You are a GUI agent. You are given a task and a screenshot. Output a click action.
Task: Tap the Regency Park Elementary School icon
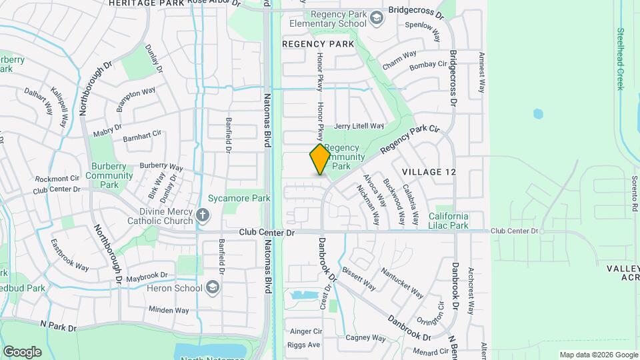coord(377,17)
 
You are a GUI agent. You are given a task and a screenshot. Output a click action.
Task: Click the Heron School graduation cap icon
coord(213,288)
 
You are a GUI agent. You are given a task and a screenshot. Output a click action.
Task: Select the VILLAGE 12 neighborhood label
coord(429,172)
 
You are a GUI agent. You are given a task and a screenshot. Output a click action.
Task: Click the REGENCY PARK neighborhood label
coord(317,44)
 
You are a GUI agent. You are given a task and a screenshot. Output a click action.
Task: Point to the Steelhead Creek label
coord(620,59)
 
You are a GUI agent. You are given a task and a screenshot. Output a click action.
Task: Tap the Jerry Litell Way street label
coord(359,126)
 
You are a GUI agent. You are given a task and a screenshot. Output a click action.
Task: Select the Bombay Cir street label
coord(428,65)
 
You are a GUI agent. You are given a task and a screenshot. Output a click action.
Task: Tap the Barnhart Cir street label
coord(142,133)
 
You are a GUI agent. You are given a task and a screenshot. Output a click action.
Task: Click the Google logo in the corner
coord(22,351)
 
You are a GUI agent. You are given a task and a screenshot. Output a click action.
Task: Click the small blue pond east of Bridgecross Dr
coord(538,113)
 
